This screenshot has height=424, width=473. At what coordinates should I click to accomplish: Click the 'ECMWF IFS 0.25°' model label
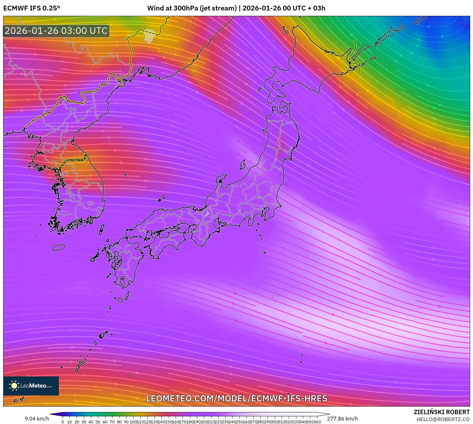point(32,8)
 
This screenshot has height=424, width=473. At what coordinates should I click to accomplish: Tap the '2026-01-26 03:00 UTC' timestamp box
point(56,31)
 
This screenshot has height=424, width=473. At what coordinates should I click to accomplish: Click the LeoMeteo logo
point(31,386)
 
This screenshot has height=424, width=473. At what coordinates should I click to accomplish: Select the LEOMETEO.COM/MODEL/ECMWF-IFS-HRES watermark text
point(236,398)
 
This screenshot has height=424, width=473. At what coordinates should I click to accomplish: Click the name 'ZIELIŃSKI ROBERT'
point(441,412)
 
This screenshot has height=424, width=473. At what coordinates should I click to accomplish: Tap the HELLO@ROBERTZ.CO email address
point(443,419)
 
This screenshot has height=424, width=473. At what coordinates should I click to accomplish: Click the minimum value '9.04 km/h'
point(37,419)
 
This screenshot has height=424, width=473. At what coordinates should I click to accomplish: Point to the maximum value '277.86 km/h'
point(342,419)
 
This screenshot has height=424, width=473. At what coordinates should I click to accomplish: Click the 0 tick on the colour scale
point(63,422)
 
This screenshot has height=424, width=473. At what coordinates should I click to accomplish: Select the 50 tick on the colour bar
point(98,422)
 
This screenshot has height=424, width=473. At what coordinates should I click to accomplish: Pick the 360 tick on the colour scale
point(318,422)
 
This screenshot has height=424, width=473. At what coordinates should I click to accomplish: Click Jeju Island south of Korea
point(58,247)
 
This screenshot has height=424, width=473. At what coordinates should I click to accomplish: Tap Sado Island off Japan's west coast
point(243,164)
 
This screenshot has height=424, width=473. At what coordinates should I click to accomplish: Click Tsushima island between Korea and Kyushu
point(102,229)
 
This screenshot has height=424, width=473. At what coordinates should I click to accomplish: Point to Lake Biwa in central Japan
point(207,215)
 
